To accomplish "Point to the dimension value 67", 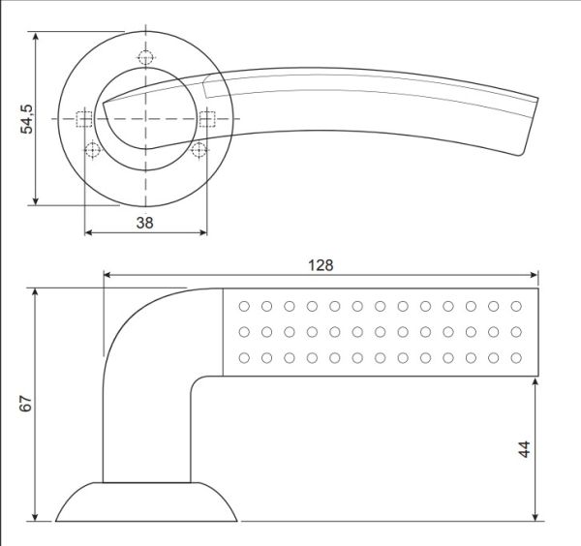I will tap(26, 405).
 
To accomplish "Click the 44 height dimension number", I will tap(524, 449).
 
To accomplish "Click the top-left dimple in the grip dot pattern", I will tap(243, 306).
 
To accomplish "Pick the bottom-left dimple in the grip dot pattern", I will tap(243, 358).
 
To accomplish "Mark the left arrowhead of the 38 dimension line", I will tap(90, 233).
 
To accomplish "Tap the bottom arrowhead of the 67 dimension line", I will tap(36, 515).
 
